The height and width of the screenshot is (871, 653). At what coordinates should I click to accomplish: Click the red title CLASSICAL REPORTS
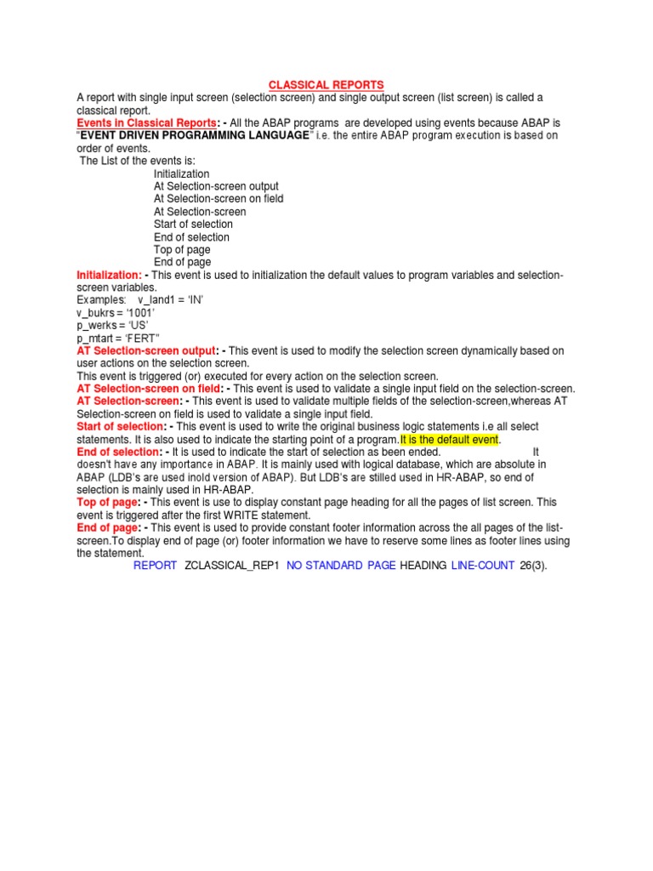pos(326,85)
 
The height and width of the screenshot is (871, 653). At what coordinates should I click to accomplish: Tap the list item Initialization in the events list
pos(181,174)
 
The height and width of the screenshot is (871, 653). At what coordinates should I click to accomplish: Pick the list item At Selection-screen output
pos(216,186)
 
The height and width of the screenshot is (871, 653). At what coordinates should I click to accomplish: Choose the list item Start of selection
pos(193,225)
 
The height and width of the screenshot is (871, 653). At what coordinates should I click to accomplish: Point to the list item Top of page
pos(182,250)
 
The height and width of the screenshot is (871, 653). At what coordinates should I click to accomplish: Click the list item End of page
pos(182,263)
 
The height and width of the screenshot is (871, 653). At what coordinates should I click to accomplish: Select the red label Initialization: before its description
pos(110,276)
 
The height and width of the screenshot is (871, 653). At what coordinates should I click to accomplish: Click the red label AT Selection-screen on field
pos(149,389)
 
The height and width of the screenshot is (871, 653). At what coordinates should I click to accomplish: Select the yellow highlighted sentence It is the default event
pos(451,439)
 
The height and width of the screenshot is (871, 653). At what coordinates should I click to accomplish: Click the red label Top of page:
pos(108,503)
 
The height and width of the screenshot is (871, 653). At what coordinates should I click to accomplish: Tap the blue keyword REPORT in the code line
pos(155,566)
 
